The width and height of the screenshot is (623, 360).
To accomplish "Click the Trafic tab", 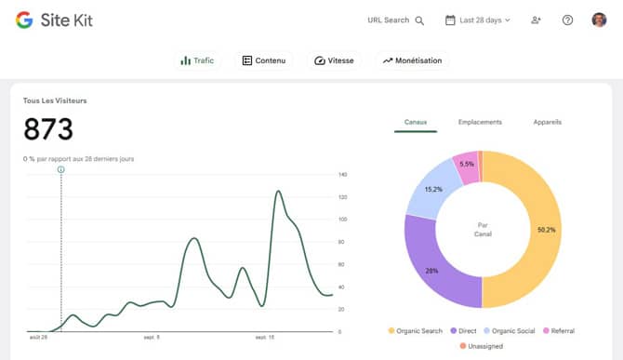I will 197,60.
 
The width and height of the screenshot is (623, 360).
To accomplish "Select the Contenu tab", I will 261,60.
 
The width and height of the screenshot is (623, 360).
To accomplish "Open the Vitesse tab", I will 334,60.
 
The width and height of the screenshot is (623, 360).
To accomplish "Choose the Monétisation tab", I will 412,60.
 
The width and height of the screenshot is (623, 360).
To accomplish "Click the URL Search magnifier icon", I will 419,20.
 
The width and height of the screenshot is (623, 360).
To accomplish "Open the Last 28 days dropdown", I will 478,20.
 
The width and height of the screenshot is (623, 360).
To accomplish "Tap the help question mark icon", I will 568,20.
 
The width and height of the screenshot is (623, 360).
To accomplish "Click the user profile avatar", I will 599,20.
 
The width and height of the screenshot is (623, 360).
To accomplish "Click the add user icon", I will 536,20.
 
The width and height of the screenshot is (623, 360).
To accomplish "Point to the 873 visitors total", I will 48,129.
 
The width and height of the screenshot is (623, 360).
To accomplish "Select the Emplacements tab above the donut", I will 480,122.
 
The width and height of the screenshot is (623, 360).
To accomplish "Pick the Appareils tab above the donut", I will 547,122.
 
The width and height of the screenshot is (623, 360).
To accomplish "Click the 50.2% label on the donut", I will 546,229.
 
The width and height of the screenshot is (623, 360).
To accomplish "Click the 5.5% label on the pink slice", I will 467,165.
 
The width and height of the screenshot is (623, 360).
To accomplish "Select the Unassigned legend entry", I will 483,347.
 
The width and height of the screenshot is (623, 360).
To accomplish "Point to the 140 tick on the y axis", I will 343,175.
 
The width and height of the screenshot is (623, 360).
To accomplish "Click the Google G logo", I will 24,20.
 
